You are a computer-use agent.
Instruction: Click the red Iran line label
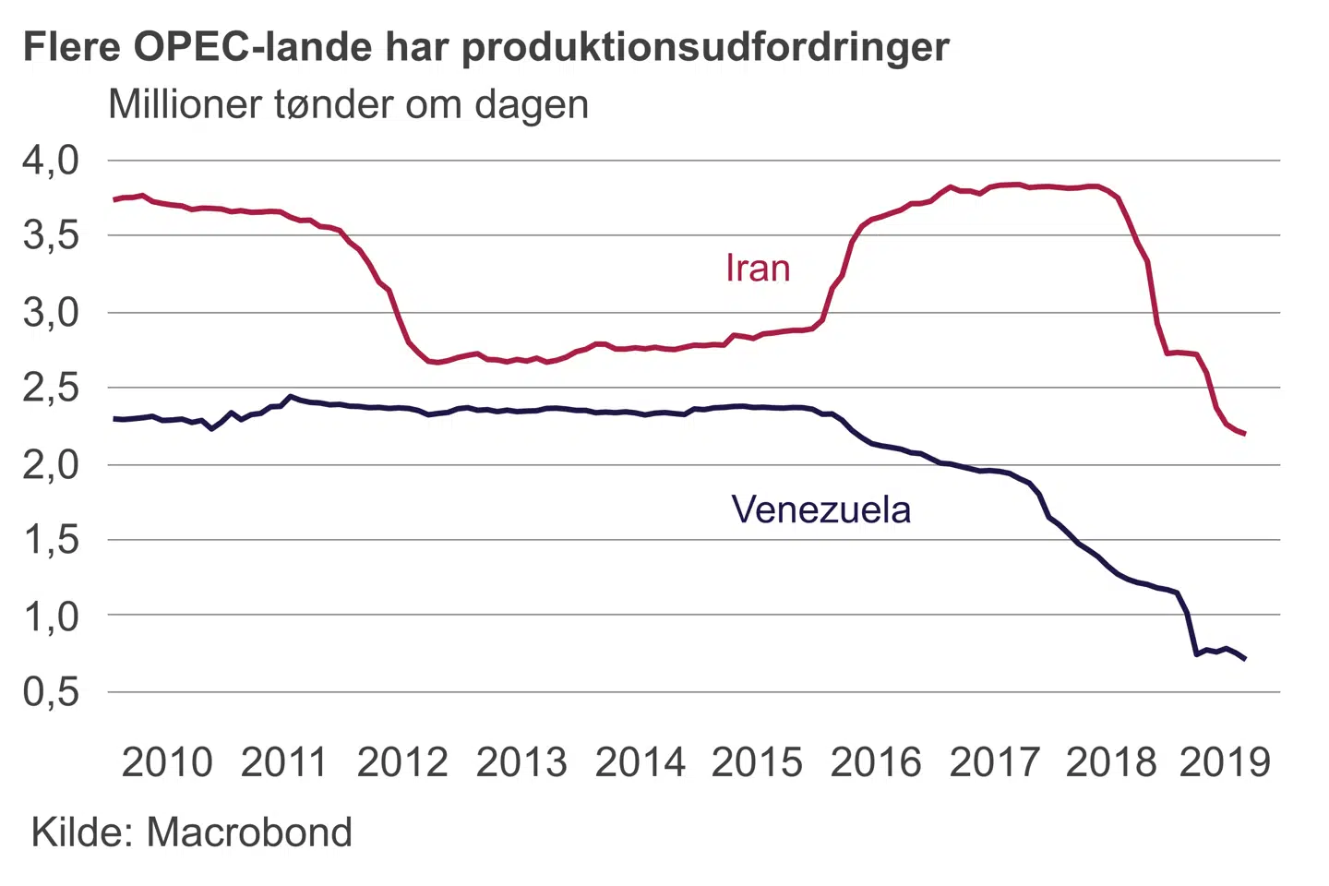pos(758,268)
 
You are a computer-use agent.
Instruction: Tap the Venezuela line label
pos(820,509)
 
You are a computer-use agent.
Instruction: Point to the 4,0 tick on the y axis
pos(52,161)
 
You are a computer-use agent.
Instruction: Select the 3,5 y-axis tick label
pos(52,236)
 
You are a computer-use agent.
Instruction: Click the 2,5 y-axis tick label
pos(52,389)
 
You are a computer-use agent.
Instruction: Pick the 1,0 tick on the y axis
pos(52,616)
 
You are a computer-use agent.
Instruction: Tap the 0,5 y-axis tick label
pos(52,691)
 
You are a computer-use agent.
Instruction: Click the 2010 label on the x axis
pos(167,762)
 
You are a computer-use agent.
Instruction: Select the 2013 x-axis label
pos(521,762)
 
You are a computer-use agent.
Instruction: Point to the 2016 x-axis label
pos(876,762)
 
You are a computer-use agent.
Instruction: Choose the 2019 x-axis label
pos(1225,762)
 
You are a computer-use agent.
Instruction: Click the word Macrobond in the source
pos(249,832)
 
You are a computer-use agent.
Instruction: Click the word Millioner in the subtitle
pos(185,104)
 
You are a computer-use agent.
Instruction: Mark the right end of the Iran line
pos(1245,434)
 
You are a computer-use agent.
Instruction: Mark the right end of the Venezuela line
pos(1245,659)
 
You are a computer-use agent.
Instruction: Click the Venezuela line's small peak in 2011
pos(291,397)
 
